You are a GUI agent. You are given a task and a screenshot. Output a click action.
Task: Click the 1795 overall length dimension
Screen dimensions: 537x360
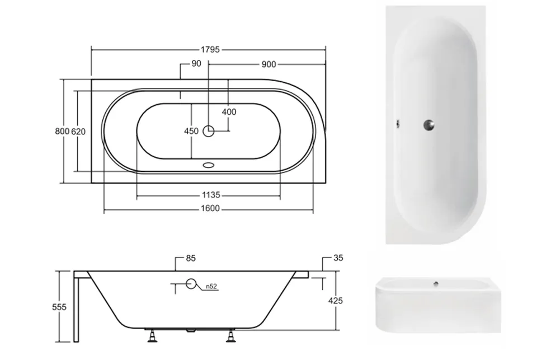point(210,50)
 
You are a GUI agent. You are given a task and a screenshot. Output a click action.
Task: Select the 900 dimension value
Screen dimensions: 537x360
point(268,64)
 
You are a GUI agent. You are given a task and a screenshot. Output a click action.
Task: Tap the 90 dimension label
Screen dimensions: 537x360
point(196,63)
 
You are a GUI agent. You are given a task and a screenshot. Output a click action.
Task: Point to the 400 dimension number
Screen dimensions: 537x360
point(229,112)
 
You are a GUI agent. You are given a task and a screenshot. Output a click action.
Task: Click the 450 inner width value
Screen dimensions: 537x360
point(191,131)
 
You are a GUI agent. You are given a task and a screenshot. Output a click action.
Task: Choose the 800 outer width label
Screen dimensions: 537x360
point(62,132)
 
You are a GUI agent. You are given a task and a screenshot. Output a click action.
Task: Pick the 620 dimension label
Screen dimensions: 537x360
point(78,132)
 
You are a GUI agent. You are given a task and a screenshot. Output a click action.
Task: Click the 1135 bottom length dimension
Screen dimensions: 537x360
point(211,195)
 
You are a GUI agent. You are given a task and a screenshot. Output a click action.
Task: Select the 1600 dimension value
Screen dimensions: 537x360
point(210,208)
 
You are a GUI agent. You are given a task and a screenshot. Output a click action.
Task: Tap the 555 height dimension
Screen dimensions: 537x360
point(59,307)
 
